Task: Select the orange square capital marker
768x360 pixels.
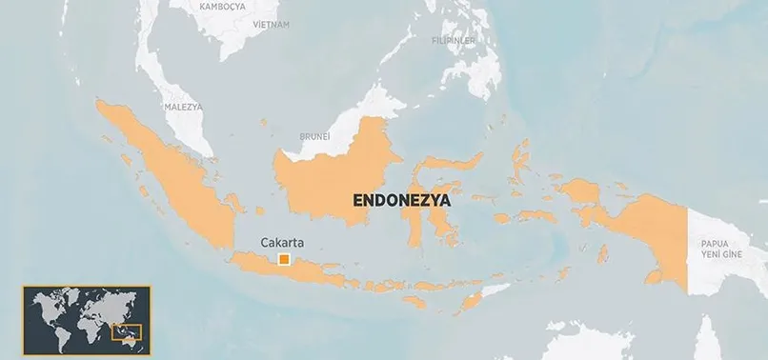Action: pos(284,259)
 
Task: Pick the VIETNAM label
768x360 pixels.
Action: pos(270,25)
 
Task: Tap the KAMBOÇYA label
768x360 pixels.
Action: pos(222,6)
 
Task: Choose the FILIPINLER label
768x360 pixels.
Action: pos(453,42)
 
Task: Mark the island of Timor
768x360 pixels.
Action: pos(474,302)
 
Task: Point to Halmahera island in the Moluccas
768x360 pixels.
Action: pos(520,167)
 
